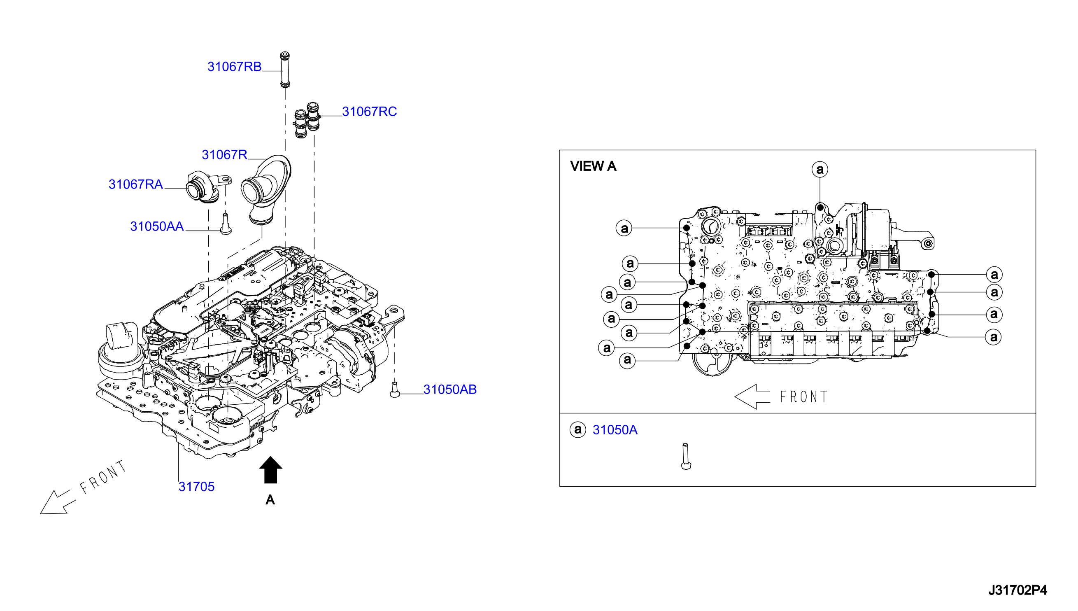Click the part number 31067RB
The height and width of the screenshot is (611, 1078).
[x=235, y=67]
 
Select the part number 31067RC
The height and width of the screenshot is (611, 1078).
[x=369, y=112]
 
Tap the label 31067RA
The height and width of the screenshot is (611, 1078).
[x=135, y=184]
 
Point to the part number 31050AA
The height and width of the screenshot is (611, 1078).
[x=157, y=226]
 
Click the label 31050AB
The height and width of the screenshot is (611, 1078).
[x=449, y=389]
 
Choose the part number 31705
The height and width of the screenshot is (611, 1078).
[x=196, y=487]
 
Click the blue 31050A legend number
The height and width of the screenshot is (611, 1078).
[x=615, y=430]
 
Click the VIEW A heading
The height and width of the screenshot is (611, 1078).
[x=593, y=166]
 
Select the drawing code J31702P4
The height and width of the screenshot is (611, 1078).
[x=1017, y=590]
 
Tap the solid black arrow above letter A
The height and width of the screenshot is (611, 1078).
[x=270, y=470]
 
